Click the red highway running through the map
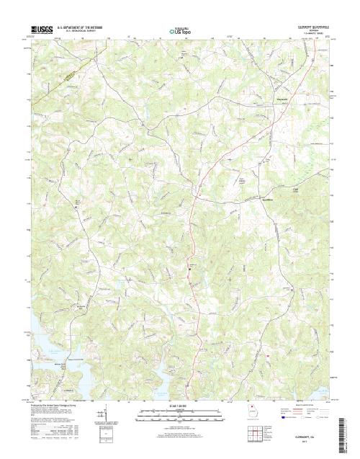192,238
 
